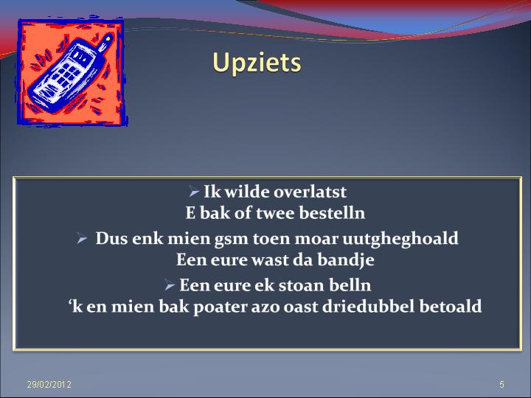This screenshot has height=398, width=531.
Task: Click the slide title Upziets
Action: [257, 63]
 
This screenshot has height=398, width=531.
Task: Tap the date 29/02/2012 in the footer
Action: [49, 384]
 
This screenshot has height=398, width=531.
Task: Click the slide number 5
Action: [502, 384]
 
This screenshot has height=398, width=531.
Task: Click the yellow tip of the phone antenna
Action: [108, 39]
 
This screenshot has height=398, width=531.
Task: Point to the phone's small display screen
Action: [81, 57]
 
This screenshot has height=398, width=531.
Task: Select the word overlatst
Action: [310, 192]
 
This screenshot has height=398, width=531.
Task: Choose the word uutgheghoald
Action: [400, 239]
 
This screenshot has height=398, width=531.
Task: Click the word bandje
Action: [346, 260]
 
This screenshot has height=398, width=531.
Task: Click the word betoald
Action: [451, 307]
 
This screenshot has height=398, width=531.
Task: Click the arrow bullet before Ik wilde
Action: [194, 192]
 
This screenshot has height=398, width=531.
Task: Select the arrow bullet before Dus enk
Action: [83, 238]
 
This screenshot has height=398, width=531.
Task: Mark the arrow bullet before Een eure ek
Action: [170, 285]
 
